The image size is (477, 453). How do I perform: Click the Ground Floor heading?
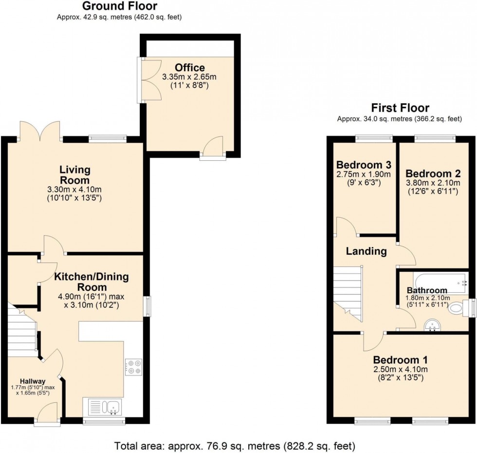click(x=119, y=6)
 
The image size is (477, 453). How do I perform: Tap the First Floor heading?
click(x=400, y=108)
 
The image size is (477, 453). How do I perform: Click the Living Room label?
click(x=75, y=175)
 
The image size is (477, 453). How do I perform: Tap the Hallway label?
click(x=33, y=381)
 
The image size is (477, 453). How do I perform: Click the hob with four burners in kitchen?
click(x=133, y=367)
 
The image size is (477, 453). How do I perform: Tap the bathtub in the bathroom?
click(x=440, y=282)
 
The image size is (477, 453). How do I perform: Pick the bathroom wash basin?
click(x=430, y=325)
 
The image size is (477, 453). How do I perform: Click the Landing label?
click(x=367, y=251)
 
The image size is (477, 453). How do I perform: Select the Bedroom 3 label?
click(x=364, y=164)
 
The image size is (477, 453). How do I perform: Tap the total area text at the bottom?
click(x=235, y=445)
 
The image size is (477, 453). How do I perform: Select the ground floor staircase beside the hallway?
click(x=22, y=331)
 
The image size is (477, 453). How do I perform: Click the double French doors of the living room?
click(x=39, y=131)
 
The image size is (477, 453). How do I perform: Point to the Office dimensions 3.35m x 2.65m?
click(x=189, y=77)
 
